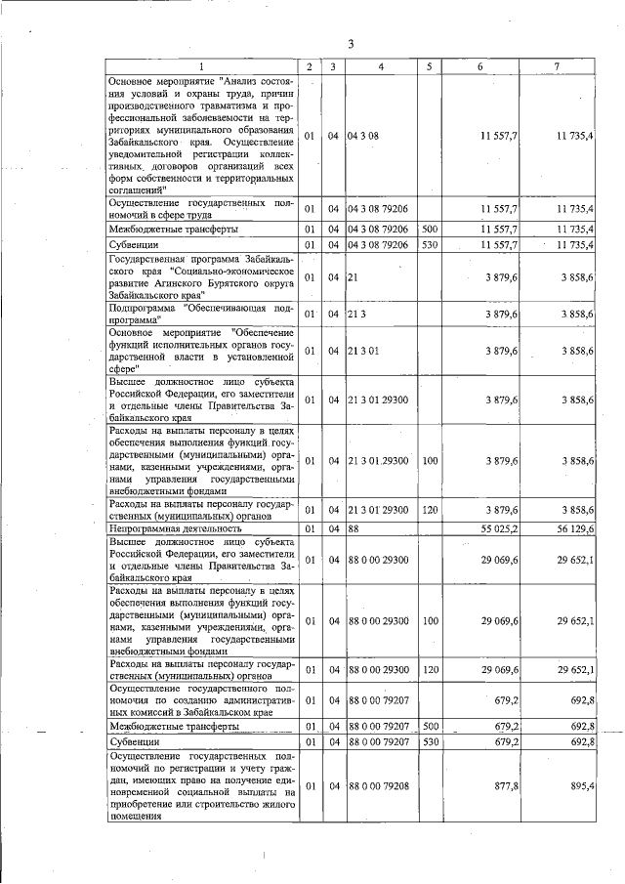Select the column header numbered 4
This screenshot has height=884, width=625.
pyautogui.click(x=380, y=65)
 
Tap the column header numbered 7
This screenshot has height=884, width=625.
pyautogui.click(x=556, y=65)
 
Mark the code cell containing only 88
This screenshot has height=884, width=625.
pyautogui.click(x=353, y=527)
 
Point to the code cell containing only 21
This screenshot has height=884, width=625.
pyautogui.click(x=352, y=277)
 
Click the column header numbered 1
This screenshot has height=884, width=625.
pyautogui.click(x=202, y=65)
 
